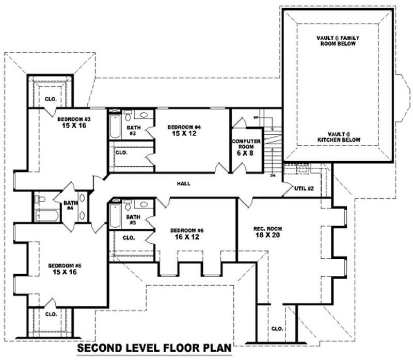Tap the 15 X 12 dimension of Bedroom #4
(183, 133)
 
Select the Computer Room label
(246, 144)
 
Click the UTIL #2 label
(303, 188)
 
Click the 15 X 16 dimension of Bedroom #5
(65, 272)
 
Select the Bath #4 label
(71, 206)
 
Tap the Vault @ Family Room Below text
(338, 41)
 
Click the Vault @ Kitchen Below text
(339, 137)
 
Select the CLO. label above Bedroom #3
(50, 99)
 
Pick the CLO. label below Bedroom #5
(51, 314)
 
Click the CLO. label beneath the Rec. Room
(277, 328)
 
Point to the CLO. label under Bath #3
(121, 153)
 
